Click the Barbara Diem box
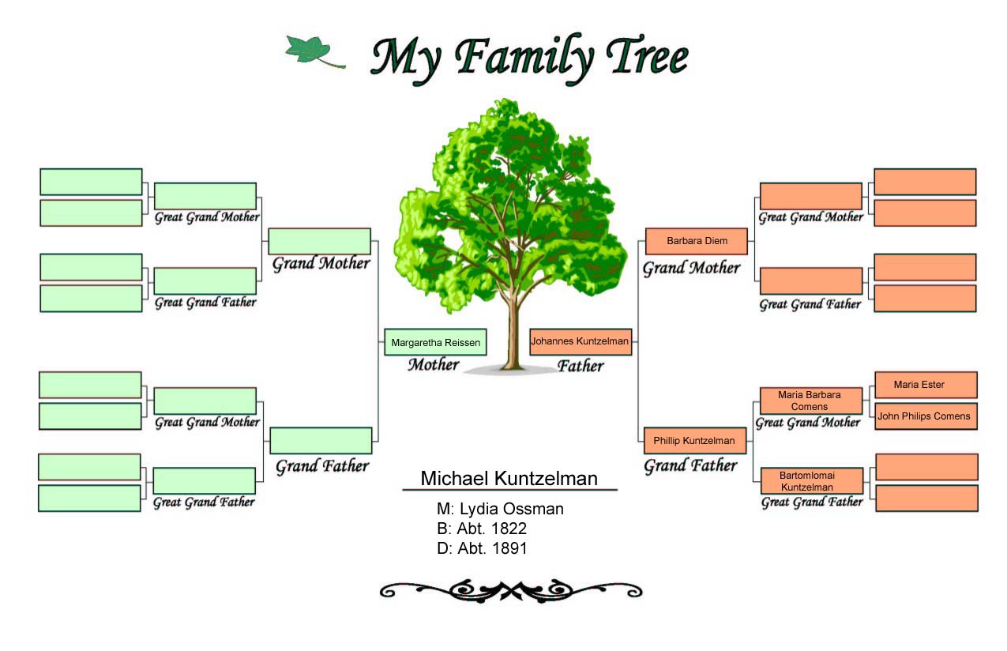pos(697,242)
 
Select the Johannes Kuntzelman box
pos(581,342)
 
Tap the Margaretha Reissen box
pos(435,342)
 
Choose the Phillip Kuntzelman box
pos(695,441)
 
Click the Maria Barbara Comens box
pos(811,401)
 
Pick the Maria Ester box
pos(926,385)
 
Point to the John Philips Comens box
pos(926,416)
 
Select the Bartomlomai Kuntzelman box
pos(812,480)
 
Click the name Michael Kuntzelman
pos(509,478)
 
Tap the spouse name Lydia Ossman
pos(511,509)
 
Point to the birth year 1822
pos(509,529)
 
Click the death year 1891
pos(509,548)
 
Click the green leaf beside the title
pos(310,51)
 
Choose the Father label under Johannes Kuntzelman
pos(581,366)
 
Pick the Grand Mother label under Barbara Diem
pos(691,268)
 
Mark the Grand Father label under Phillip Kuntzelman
pos(690,466)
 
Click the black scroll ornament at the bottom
pos(511,591)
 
